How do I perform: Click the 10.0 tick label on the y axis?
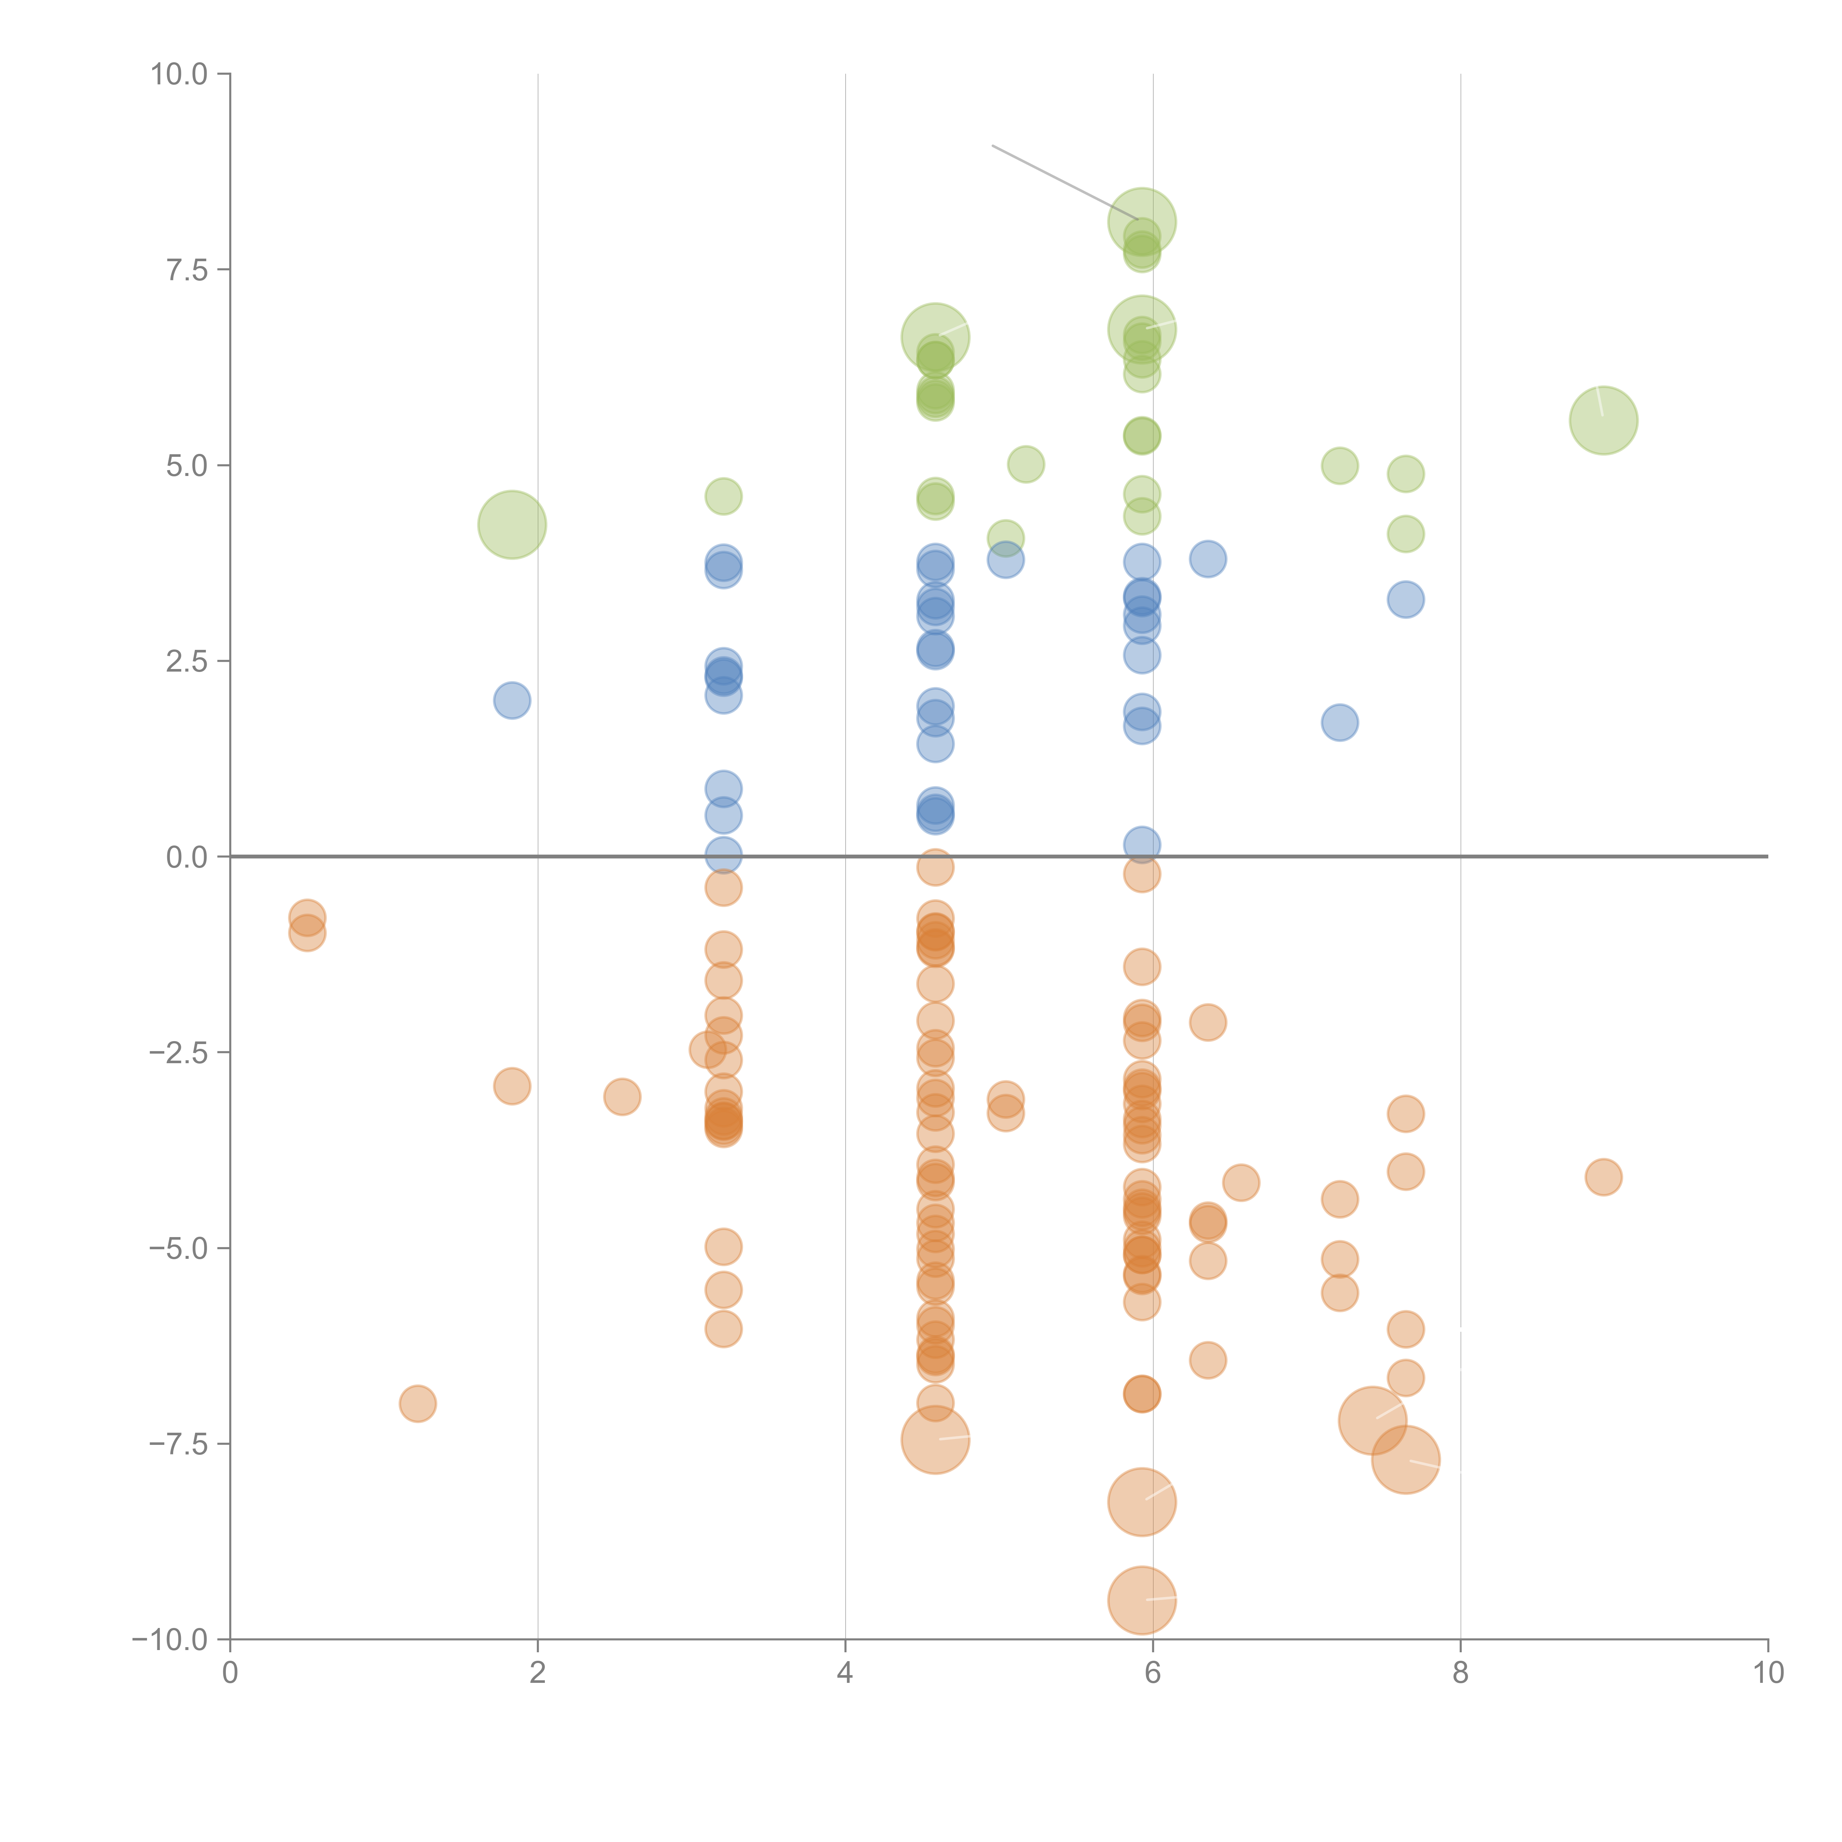[179, 74]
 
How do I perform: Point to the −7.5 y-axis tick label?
[179, 1443]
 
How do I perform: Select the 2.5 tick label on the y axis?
[187, 661]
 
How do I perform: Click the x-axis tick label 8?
[1461, 1673]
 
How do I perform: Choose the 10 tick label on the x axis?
[1768, 1673]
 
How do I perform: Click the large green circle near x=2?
[512, 524]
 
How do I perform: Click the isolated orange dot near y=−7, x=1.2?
[418, 1404]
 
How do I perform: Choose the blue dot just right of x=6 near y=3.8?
[1208, 559]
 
